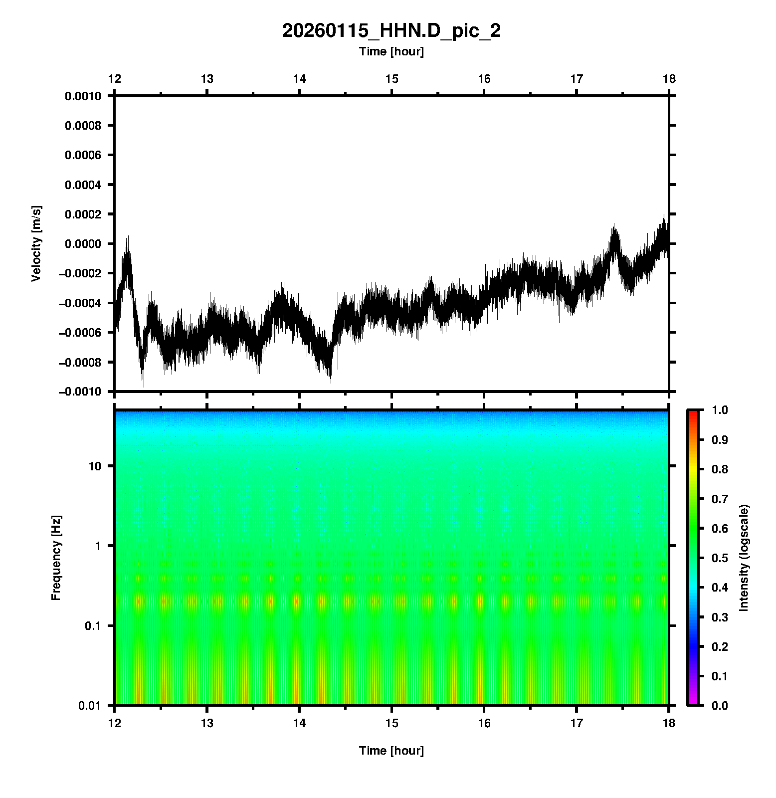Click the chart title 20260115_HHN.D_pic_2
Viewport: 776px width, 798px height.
(391, 31)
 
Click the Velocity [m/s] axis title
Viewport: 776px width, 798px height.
(36, 243)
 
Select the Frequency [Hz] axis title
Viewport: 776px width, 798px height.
(56, 558)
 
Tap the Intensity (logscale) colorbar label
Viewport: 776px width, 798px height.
(744, 558)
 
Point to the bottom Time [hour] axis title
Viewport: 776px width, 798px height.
(391, 751)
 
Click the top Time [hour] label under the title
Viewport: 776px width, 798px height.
(391, 51)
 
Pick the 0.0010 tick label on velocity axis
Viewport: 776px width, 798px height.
(83, 96)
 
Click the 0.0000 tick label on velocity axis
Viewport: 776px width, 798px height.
(83, 244)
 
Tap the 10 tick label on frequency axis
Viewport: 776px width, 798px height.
(94, 466)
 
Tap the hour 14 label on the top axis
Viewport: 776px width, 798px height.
(299, 79)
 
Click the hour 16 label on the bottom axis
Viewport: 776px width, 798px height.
(484, 723)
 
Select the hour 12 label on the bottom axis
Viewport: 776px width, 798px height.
(115, 723)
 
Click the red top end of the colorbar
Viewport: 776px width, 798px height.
(693, 413)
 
